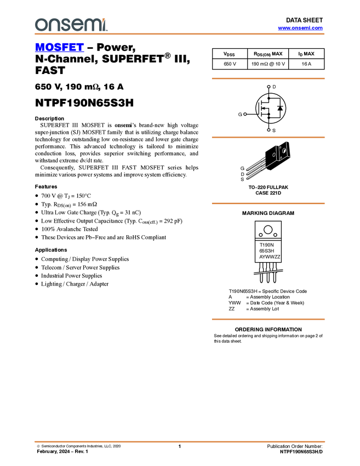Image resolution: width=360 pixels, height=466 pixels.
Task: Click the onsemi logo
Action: [x=71, y=25]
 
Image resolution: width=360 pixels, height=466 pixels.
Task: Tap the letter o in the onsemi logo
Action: [x=40, y=25]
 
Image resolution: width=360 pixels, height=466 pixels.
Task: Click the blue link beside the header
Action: [x=300, y=28]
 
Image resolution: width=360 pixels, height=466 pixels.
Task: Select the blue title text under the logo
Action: [x=59, y=48]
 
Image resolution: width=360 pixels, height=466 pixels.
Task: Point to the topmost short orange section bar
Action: [x=268, y=78]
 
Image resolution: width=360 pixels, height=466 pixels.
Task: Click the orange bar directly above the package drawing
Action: [x=268, y=138]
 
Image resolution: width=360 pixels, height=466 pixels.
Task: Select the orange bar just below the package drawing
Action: [x=268, y=203]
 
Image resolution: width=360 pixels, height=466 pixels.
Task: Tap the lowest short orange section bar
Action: [x=268, y=319]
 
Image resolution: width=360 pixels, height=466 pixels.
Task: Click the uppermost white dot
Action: [x=268, y=87]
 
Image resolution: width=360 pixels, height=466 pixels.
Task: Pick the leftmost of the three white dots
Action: [x=245, y=114]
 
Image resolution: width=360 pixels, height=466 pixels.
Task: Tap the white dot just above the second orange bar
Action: [x=268, y=130]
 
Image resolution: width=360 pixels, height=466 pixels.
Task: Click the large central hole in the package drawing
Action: [x=284, y=151]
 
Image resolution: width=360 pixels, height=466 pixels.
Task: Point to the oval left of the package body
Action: [x=274, y=155]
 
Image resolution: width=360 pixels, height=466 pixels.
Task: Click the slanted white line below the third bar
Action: [x=268, y=271]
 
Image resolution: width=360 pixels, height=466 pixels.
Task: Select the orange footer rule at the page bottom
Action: [x=180, y=441]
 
